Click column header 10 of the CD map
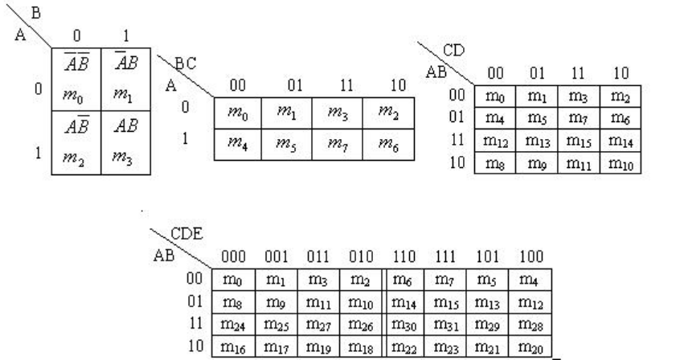(621, 74)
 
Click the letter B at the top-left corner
(34, 11)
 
